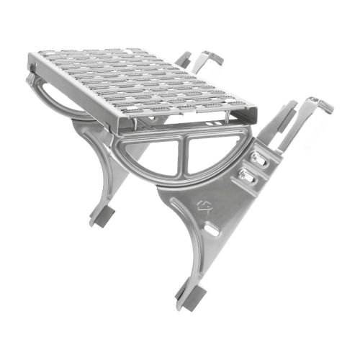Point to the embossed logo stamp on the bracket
tap(205, 207)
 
